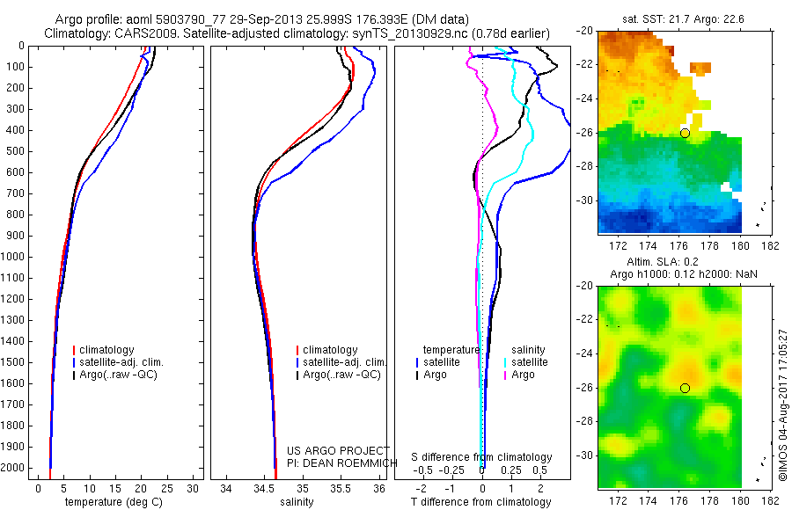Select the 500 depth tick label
click(x=15, y=151)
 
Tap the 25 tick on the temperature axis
click(x=166, y=489)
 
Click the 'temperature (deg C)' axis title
click(x=114, y=502)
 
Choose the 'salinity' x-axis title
click(x=297, y=502)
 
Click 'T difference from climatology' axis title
click(x=480, y=502)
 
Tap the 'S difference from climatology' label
click(x=481, y=457)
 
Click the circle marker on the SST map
click(x=685, y=134)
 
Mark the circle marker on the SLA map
click(x=685, y=388)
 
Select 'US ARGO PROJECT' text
click(x=339, y=450)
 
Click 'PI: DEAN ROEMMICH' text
click(x=342, y=463)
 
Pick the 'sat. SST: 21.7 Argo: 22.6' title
click(x=683, y=19)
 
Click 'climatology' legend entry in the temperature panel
click(x=104, y=350)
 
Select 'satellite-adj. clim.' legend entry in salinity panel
click(x=341, y=362)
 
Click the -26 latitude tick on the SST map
click(x=585, y=133)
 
